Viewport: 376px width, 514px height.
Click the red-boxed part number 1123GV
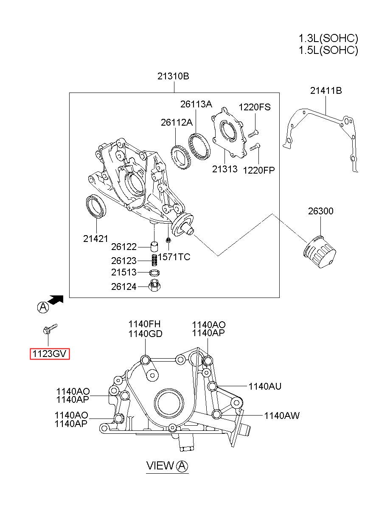(50, 354)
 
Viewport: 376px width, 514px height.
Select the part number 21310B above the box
(173, 76)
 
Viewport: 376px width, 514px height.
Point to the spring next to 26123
(154, 261)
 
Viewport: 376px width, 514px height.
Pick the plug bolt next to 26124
(155, 286)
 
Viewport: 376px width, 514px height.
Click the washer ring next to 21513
(154, 273)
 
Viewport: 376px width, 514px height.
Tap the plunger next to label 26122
(154, 247)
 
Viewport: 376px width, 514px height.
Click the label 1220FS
(255, 107)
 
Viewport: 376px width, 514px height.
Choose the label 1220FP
(259, 170)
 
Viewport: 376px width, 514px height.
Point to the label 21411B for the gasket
(326, 91)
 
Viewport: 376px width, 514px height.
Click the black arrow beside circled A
(55, 300)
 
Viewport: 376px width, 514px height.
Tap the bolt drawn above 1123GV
(50, 329)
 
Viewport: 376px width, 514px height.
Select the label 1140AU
(265, 386)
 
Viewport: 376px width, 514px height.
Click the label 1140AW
(282, 416)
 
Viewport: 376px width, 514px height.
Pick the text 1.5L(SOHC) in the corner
(328, 50)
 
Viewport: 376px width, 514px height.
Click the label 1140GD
(145, 334)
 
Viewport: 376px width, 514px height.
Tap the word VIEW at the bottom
(160, 466)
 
